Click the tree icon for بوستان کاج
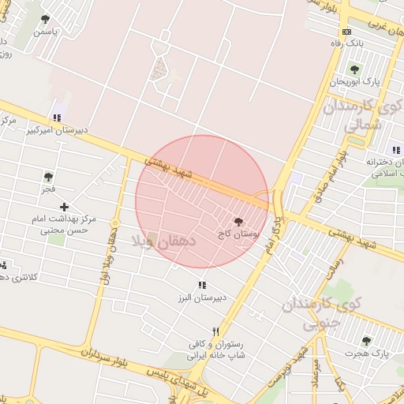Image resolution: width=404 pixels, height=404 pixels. point(239,223)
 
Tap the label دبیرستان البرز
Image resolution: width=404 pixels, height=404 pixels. point(201,297)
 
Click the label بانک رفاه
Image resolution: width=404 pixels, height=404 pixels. point(348,44)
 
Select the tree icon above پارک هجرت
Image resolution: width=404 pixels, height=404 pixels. point(365,341)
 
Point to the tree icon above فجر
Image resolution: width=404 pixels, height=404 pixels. point(49,178)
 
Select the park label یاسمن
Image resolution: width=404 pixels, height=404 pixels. point(45,32)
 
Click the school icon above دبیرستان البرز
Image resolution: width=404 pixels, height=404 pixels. point(201,285)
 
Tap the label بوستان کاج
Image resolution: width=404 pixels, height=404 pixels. point(239,235)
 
